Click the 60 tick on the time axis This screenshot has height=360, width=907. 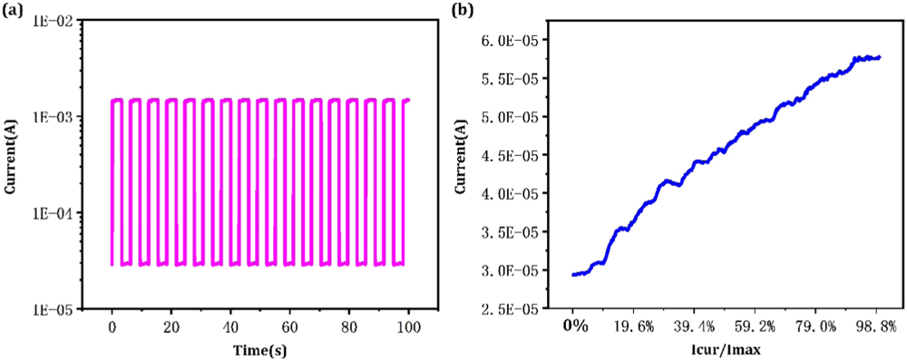[289, 326]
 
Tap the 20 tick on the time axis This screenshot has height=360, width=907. [171, 326]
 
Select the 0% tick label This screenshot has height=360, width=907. [574, 326]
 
